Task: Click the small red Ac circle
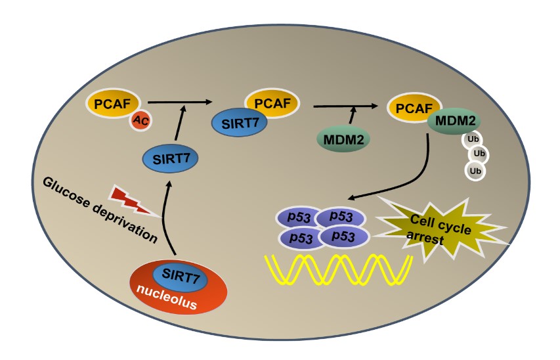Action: coord(139,120)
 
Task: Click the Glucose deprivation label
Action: coord(101,210)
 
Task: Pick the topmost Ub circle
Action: coord(471,139)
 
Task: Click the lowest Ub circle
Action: coord(476,171)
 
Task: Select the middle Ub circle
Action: coord(480,154)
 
